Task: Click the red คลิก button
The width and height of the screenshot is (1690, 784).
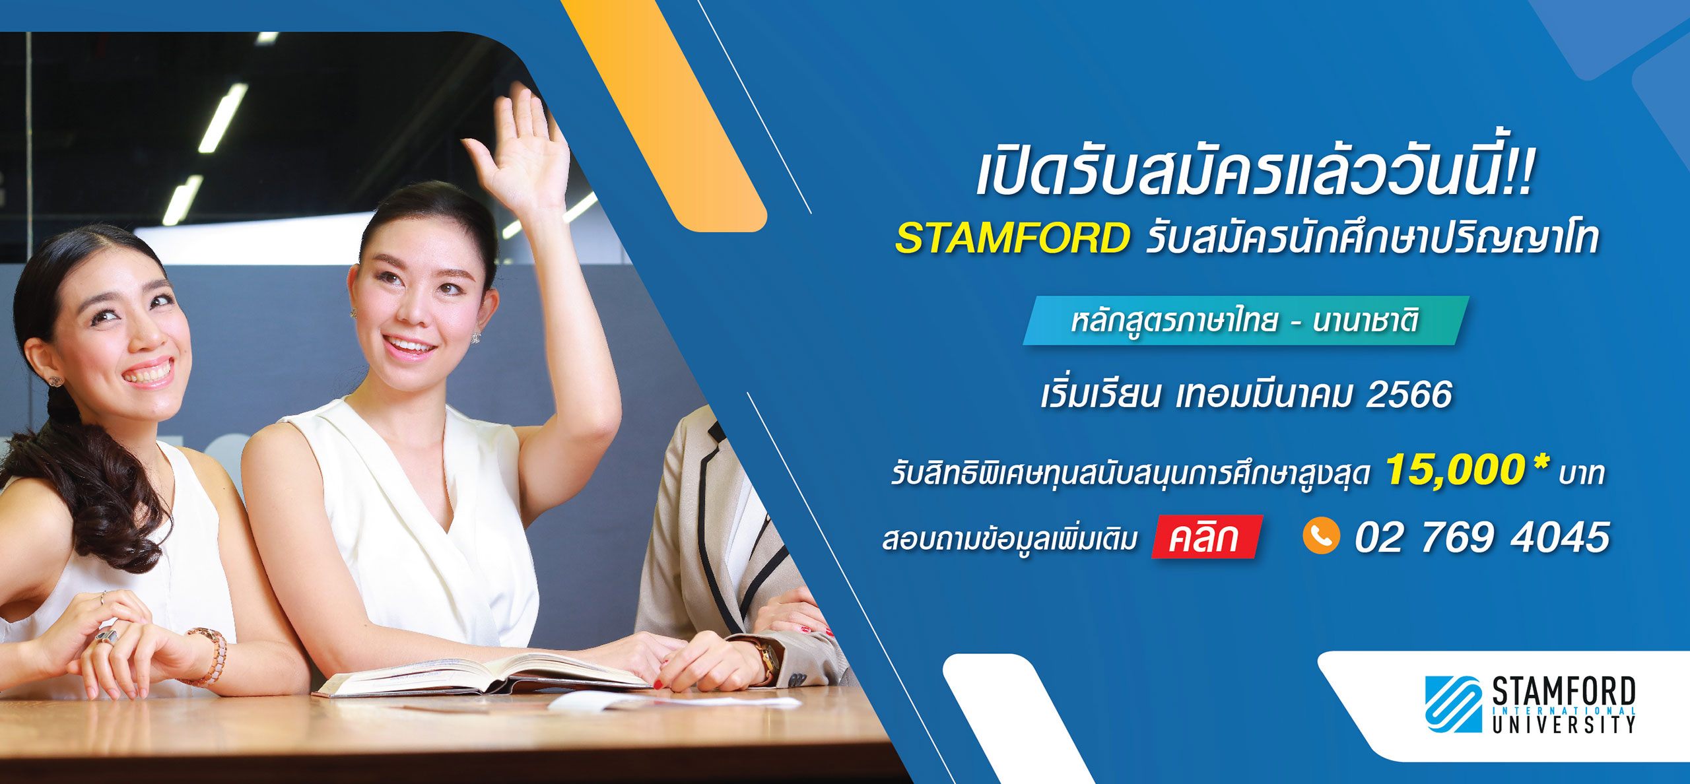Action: click(x=1207, y=537)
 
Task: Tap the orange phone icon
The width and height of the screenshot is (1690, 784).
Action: click(x=1321, y=535)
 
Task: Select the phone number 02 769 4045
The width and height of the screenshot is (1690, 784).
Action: click(x=1482, y=537)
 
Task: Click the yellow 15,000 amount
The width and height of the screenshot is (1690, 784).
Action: click(x=1455, y=470)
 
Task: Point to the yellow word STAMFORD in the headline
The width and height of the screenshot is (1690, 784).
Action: click(x=1012, y=238)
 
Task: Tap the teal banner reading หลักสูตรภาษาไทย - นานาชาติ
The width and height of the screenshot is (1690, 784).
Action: click(x=1245, y=321)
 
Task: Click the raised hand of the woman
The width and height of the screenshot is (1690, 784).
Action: click(x=522, y=152)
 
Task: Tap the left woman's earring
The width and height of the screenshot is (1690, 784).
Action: click(x=54, y=381)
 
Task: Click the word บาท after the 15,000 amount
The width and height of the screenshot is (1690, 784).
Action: click(x=1582, y=474)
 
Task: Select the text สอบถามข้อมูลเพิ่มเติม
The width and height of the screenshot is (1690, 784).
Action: click(x=1010, y=538)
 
